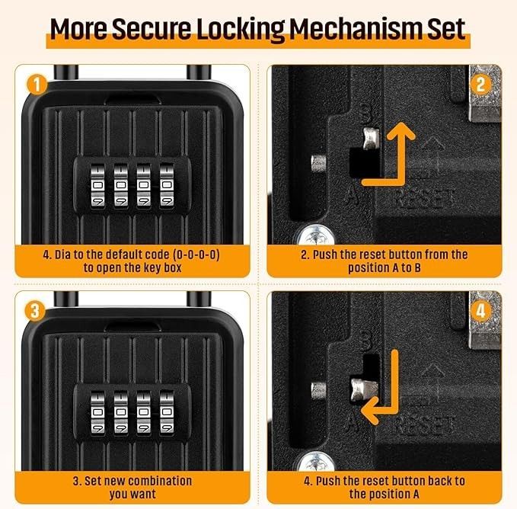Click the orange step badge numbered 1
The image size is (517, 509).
[37, 85]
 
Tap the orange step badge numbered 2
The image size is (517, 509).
[480, 85]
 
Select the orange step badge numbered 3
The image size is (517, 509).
[35, 311]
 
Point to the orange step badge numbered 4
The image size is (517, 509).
[480, 311]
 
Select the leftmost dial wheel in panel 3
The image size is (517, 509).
[97, 412]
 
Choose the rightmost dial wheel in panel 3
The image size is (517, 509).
[167, 412]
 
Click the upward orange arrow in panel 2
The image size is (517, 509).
[401, 155]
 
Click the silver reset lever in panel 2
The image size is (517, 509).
[371, 138]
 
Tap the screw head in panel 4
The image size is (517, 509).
[316, 462]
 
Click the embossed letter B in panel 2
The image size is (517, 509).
[365, 113]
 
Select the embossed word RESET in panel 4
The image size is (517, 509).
[424, 424]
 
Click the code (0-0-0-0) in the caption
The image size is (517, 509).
[196, 254]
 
